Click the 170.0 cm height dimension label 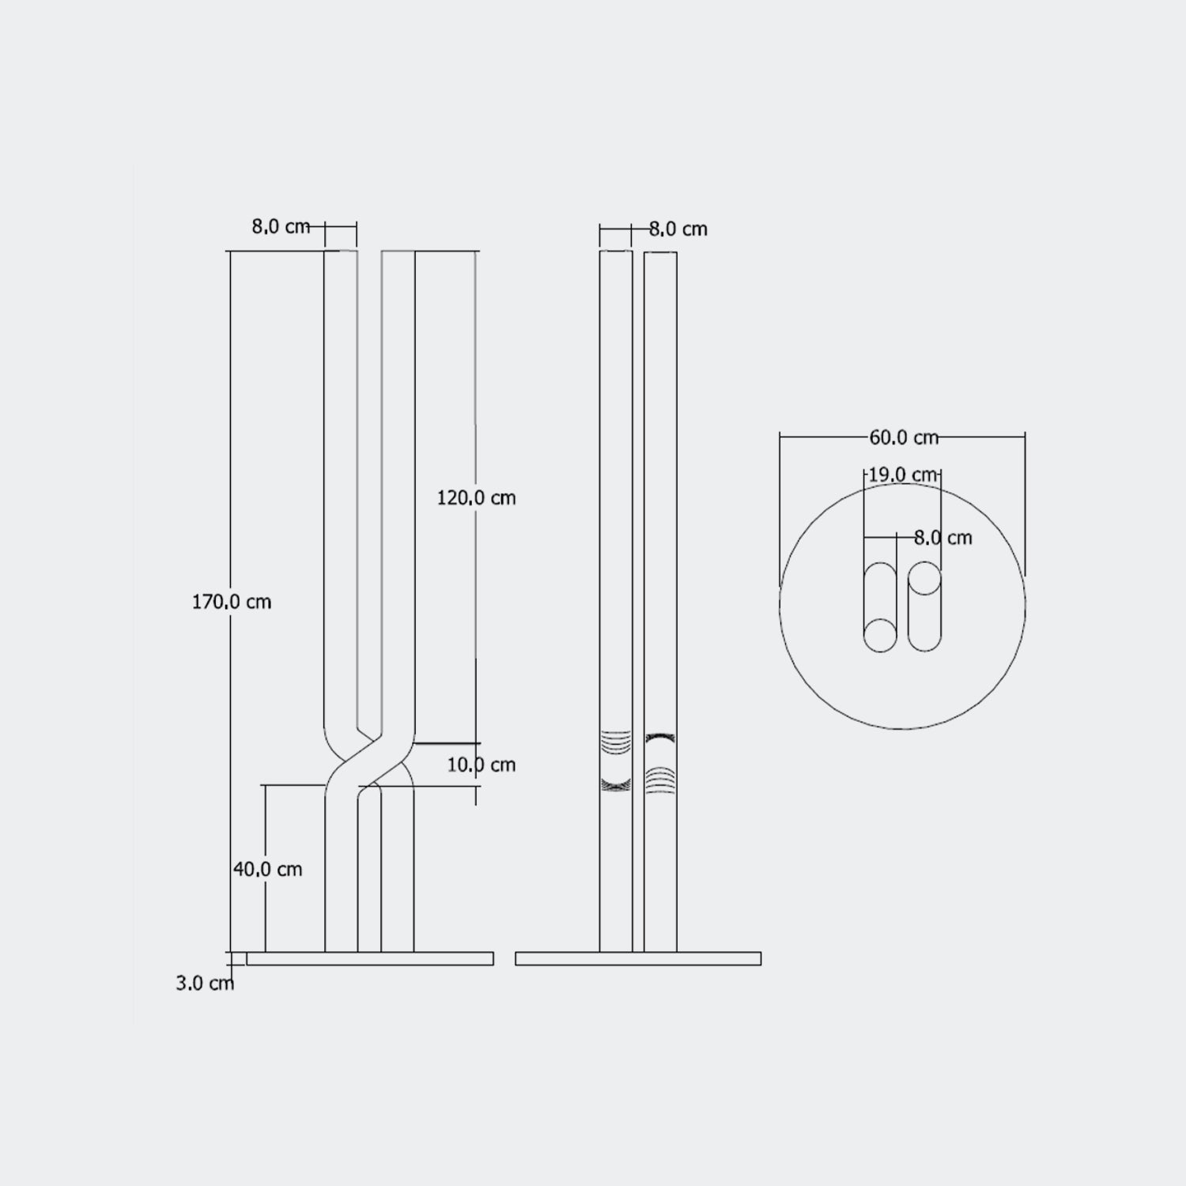pyautogui.click(x=232, y=602)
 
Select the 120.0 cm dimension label pyautogui.click(x=476, y=497)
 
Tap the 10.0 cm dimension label pyautogui.click(x=481, y=765)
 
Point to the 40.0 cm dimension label pyautogui.click(x=267, y=869)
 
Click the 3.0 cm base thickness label pyautogui.click(x=205, y=983)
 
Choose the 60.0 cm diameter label pyautogui.click(x=903, y=436)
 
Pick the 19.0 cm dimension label pyautogui.click(x=902, y=474)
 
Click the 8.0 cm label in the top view pyautogui.click(x=942, y=538)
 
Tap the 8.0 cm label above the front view pyautogui.click(x=281, y=226)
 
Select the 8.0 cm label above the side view pyautogui.click(x=678, y=229)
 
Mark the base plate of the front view pyautogui.click(x=370, y=958)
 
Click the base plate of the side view pyautogui.click(x=638, y=958)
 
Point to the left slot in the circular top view pyautogui.click(x=880, y=606)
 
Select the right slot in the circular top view pyautogui.click(x=924, y=606)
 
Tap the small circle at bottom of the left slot pyautogui.click(x=880, y=636)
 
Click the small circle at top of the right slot pyautogui.click(x=924, y=580)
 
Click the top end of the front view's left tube pyautogui.click(x=341, y=253)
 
